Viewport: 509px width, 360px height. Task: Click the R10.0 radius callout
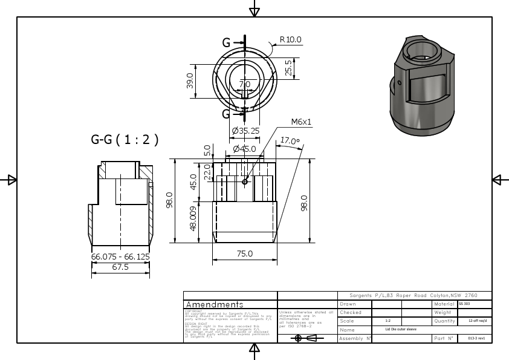click(x=290, y=40)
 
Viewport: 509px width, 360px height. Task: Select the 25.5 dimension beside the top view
click(x=288, y=68)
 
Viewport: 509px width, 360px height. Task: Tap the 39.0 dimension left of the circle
click(x=190, y=81)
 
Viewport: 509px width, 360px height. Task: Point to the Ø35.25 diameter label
click(x=245, y=131)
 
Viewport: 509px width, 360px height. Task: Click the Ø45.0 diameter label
click(x=244, y=149)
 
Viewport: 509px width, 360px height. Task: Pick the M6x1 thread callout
click(x=300, y=122)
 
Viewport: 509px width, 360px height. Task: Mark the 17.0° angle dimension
click(x=290, y=142)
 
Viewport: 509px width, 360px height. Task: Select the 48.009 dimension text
click(x=193, y=220)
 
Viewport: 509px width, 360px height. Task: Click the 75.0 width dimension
click(x=244, y=254)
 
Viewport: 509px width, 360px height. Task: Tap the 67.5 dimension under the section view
click(x=120, y=267)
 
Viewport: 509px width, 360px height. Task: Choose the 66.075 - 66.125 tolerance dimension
click(x=120, y=257)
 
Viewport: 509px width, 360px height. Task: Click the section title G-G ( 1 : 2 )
click(x=125, y=140)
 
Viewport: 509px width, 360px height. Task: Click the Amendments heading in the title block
click(x=215, y=304)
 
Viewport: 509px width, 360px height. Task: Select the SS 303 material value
click(x=464, y=303)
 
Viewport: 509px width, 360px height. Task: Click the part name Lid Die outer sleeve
click(x=401, y=330)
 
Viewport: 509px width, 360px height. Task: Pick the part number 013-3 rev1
click(x=476, y=338)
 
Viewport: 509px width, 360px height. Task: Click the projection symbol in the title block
click(x=306, y=338)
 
